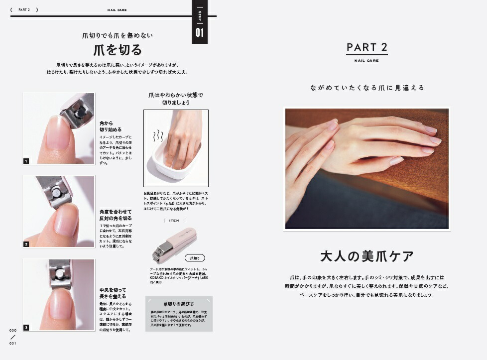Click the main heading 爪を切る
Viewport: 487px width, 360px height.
tap(118, 50)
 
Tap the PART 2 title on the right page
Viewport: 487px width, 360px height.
tap(366, 47)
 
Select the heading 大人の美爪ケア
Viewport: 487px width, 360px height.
tap(367, 256)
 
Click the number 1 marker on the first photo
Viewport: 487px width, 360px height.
tap(26, 161)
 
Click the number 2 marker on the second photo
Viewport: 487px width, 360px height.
tap(26, 244)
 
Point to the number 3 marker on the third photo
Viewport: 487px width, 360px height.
tap(26, 327)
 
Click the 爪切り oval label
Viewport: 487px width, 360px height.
tap(195, 258)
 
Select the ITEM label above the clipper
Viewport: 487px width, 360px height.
tap(174, 221)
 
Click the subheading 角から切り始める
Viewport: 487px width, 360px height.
tap(110, 126)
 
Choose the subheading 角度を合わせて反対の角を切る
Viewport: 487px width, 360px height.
tap(116, 215)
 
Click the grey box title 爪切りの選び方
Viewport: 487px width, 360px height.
tap(179, 304)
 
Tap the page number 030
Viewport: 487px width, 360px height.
tap(13, 330)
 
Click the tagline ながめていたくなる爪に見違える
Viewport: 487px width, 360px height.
tap(367, 88)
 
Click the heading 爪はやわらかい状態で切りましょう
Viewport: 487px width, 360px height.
tap(176, 99)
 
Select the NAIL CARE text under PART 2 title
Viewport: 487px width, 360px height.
tap(366, 61)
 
